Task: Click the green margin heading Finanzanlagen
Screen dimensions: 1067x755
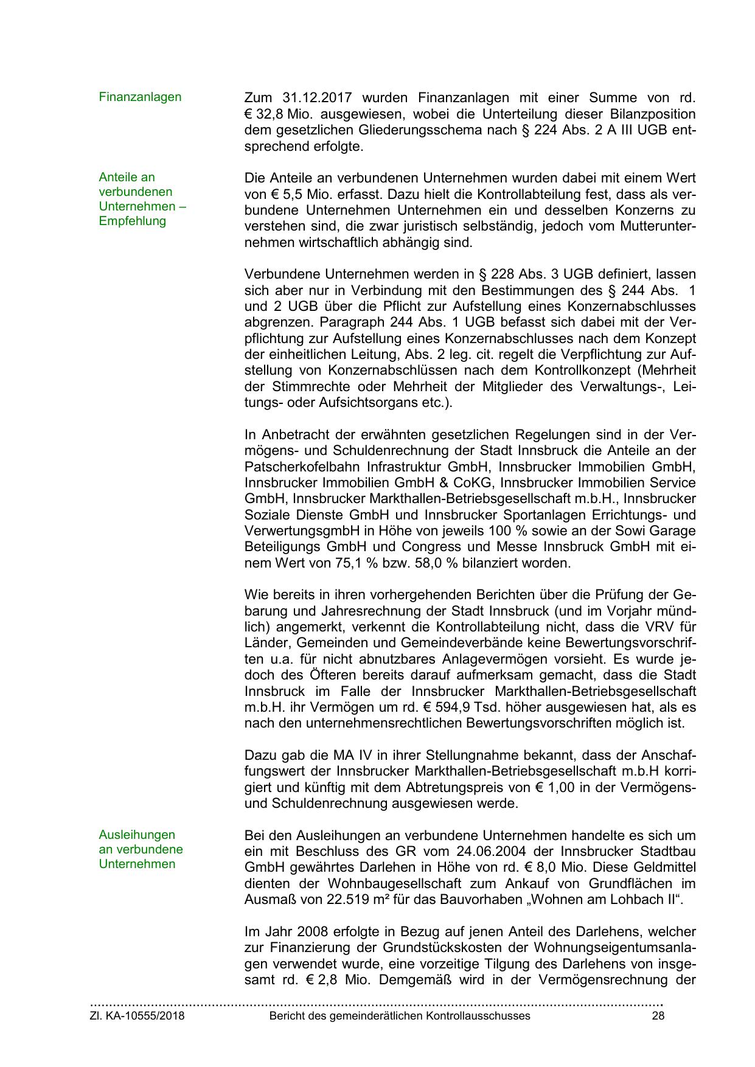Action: (x=140, y=97)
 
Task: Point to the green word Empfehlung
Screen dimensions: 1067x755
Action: (x=132, y=221)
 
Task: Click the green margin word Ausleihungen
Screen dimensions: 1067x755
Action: (x=137, y=835)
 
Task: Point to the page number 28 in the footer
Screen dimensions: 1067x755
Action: (x=658, y=1016)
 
